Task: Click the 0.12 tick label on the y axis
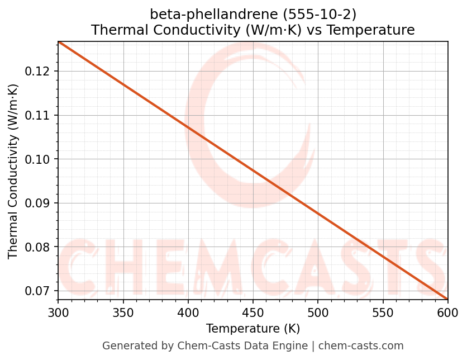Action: pyautogui.click(x=39, y=72)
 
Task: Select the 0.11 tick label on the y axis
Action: pyautogui.click(x=39, y=116)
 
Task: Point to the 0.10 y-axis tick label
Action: pyautogui.click(x=39, y=159)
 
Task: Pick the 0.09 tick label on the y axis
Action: pyautogui.click(x=39, y=203)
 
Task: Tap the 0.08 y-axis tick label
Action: pyautogui.click(x=39, y=247)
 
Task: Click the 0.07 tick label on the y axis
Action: pyautogui.click(x=39, y=291)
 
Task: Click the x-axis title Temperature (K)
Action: pyautogui.click(x=253, y=328)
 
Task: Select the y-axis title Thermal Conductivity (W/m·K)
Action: pyautogui.click(x=13, y=171)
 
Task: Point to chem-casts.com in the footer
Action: pyautogui.click(x=361, y=346)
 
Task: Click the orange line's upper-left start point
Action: pyautogui.click(x=59, y=42)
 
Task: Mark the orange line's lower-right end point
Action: pyautogui.click(x=447, y=299)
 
